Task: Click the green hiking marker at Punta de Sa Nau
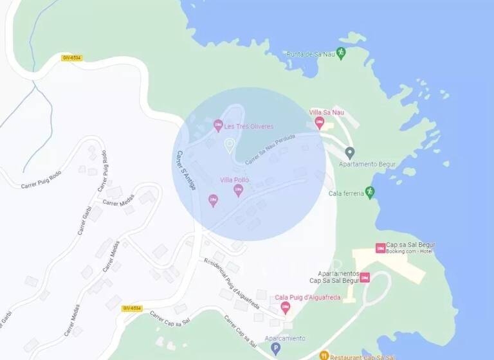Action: pos(341,53)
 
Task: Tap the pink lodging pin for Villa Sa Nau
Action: pos(319,123)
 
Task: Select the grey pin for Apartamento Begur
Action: pos(350,153)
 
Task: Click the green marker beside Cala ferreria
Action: pos(369,192)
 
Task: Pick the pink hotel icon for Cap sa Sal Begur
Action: pos(380,248)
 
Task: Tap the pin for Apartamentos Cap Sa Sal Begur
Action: pos(365,277)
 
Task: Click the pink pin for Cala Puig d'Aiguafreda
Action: pos(285,307)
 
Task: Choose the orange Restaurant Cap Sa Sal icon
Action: pos(325,355)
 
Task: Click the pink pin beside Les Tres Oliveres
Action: pos(218,125)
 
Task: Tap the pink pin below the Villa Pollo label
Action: pos(238,190)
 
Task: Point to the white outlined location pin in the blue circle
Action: pos(228,146)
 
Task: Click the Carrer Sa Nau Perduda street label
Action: pos(270,148)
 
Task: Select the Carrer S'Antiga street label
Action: pos(187,170)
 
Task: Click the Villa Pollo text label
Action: pos(234,180)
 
